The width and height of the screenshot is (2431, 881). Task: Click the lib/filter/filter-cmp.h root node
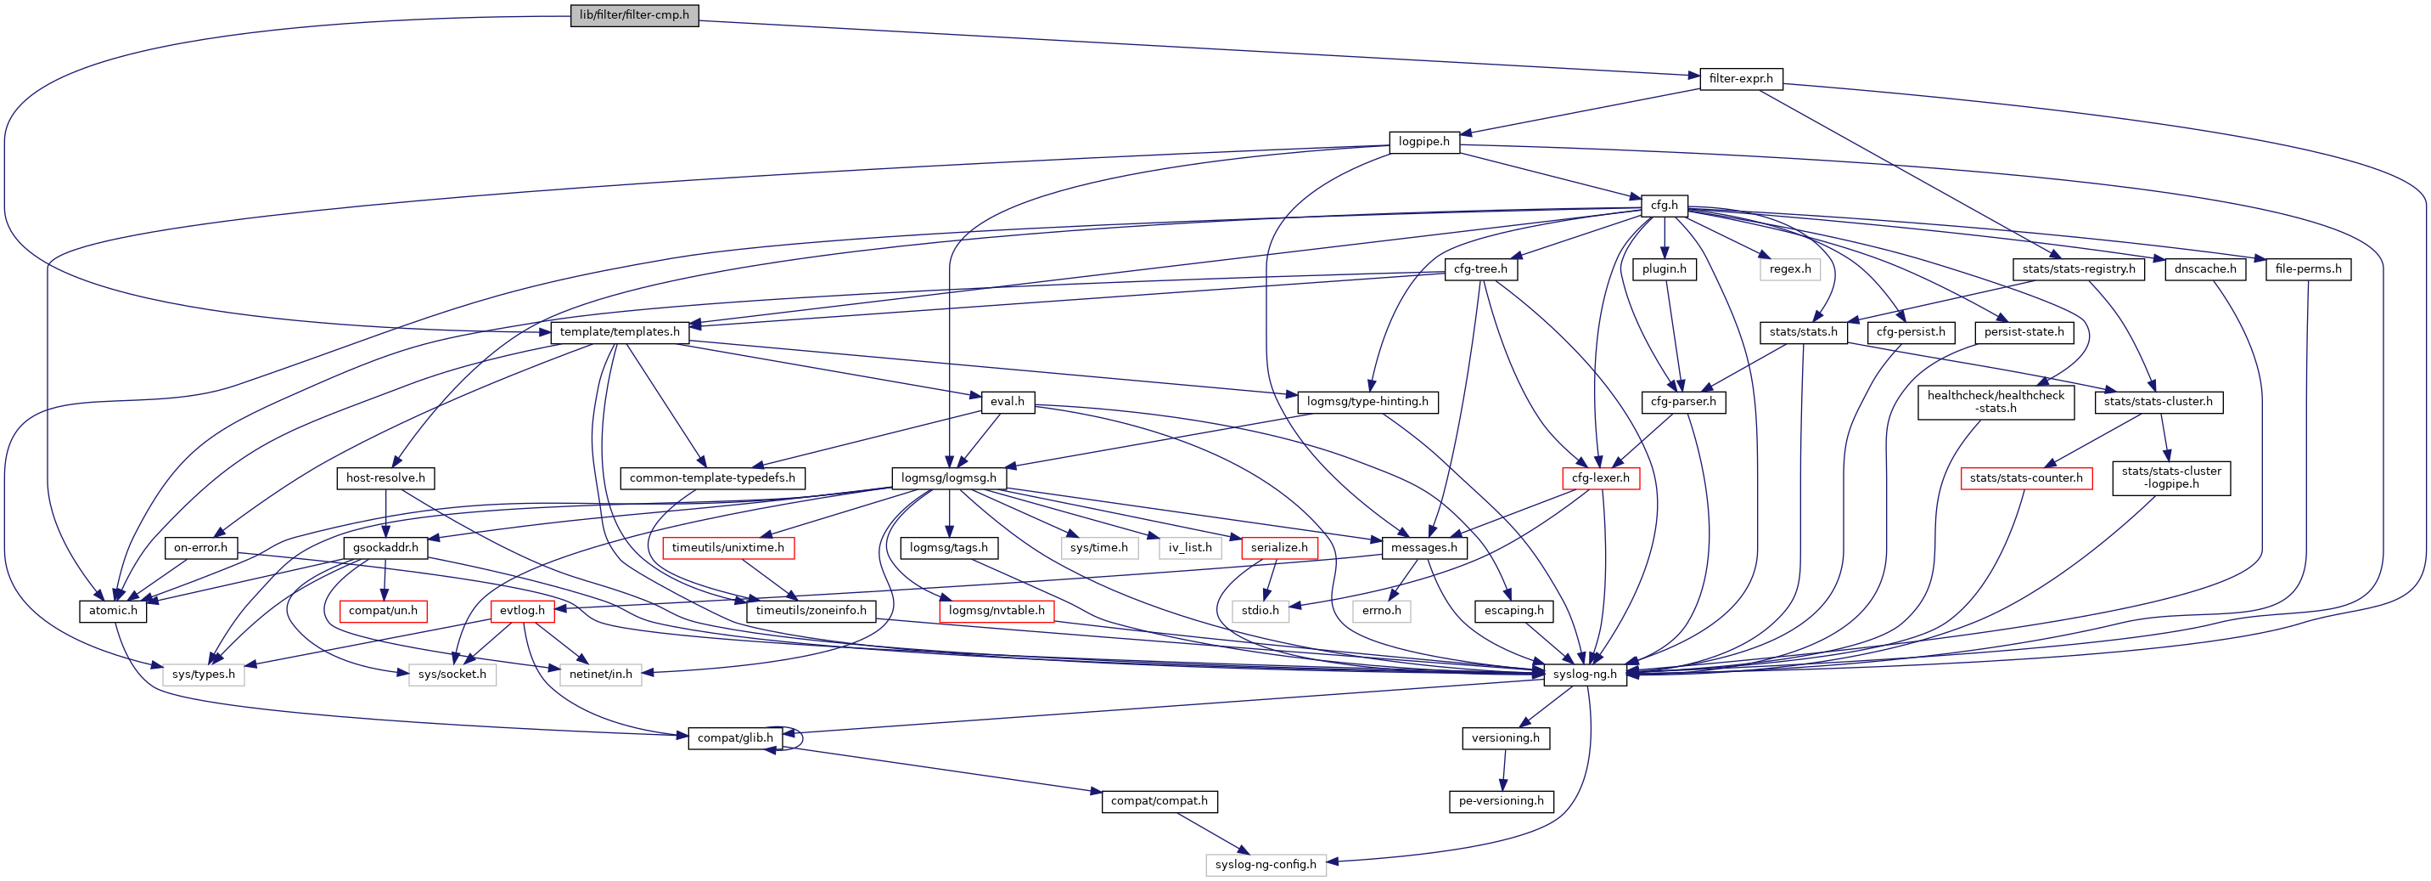point(634,15)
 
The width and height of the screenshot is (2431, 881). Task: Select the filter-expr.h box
point(1740,78)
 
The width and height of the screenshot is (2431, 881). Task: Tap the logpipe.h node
point(1423,142)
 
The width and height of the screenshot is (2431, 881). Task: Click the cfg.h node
point(1664,205)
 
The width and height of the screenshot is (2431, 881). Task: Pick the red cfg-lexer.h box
point(1601,477)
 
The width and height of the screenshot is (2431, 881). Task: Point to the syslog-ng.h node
point(1585,675)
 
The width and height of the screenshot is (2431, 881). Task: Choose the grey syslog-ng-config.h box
point(1265,864)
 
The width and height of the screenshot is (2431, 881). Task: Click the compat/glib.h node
point(734,737)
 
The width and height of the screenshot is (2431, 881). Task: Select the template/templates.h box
point(619,331)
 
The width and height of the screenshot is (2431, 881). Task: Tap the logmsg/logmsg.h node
point(948,477)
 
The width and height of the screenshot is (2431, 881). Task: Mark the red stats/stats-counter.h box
point(2026,477)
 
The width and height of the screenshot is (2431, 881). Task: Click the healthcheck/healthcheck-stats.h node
point(1995,401)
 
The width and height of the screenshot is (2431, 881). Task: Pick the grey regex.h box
point(1789,269)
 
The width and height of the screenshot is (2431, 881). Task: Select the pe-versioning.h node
point(1501,801)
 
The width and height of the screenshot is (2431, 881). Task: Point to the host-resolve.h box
point(385,477)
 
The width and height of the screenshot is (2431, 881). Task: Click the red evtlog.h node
point(522,610)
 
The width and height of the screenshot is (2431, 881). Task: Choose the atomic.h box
point(112,610)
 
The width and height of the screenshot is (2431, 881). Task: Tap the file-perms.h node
point(2307,269)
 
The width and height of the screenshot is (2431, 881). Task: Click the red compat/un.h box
point(382,610)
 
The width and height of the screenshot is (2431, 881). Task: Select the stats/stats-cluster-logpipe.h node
point(2170,477)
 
